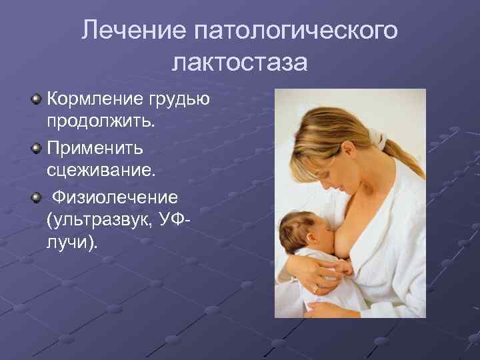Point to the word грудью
pyautogui.click(x=182, y=99)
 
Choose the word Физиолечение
pyautogui.click(x=115, y=197)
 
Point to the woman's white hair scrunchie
pyautogui.click(x=379, y=141)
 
